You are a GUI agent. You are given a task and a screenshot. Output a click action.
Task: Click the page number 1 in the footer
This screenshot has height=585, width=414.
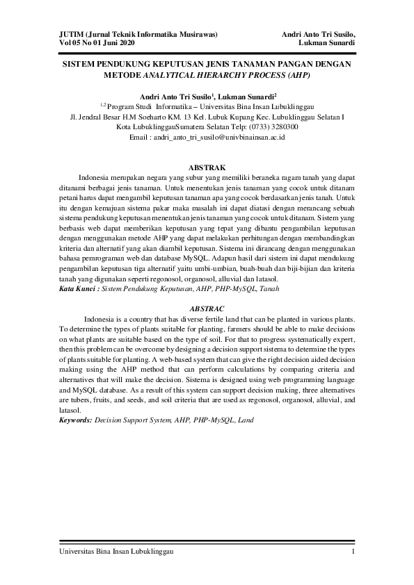point(354,552)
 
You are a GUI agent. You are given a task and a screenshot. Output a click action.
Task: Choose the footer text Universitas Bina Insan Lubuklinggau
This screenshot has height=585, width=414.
point(116,552)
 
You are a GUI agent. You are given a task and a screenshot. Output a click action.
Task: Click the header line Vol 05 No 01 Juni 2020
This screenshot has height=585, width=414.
point(97,43)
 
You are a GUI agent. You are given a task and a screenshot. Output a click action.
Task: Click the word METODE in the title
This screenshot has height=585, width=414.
point(121,74)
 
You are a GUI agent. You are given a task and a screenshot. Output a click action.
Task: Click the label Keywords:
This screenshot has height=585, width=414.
point(76,421)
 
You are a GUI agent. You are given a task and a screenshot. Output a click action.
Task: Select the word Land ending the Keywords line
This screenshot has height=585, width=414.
point(246,421)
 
